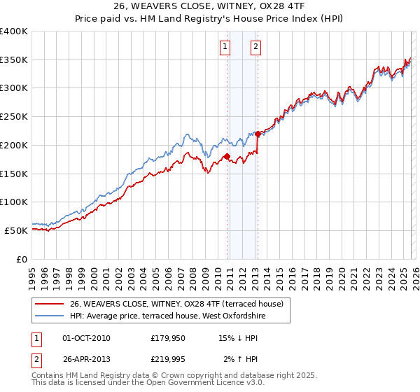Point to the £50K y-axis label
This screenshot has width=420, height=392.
tap(16, 230)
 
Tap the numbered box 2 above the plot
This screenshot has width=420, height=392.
tap(256, 47)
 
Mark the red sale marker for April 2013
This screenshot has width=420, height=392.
tap(258, 134)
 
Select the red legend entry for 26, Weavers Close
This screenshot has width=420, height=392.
tap(176, 304)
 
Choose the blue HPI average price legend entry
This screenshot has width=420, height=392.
tap(168, 316)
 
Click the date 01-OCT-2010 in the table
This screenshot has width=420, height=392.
tap(87, 338)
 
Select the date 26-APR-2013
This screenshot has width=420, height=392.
tap(87, 359)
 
